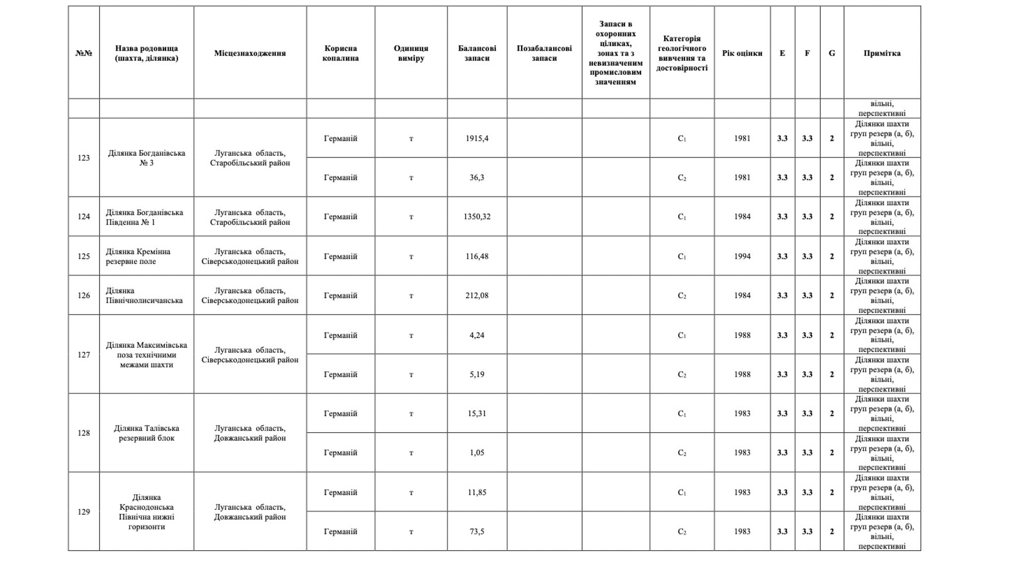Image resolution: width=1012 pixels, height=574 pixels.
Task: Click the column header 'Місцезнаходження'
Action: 250,53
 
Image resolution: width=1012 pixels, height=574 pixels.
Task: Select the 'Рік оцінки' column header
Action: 742,53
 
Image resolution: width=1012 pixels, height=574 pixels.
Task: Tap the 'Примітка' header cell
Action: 882,53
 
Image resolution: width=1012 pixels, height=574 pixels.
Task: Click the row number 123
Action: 83,158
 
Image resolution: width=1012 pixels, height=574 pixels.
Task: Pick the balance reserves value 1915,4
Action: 477,138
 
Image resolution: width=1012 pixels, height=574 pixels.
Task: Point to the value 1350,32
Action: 477,217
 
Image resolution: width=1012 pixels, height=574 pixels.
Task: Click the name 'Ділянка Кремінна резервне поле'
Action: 138,256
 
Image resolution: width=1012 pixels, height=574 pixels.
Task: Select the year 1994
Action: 742,256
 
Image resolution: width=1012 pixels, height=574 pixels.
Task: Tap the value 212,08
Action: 477,296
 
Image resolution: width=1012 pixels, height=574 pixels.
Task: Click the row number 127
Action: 83,355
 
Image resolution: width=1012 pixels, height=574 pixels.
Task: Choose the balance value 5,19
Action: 477,375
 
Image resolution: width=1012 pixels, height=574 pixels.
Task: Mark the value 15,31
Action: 477,414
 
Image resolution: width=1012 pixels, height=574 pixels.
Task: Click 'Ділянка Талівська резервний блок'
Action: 146,433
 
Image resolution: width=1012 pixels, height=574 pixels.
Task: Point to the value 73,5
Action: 477,531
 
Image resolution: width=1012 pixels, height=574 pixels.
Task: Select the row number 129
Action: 83,512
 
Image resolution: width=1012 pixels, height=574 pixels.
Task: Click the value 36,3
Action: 477,178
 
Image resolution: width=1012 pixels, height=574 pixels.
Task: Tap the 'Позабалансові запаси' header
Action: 544,53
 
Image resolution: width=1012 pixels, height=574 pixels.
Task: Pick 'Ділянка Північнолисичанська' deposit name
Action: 144,296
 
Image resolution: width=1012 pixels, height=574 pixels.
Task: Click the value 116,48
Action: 477,256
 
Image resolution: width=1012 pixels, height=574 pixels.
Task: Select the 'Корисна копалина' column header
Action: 340,53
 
